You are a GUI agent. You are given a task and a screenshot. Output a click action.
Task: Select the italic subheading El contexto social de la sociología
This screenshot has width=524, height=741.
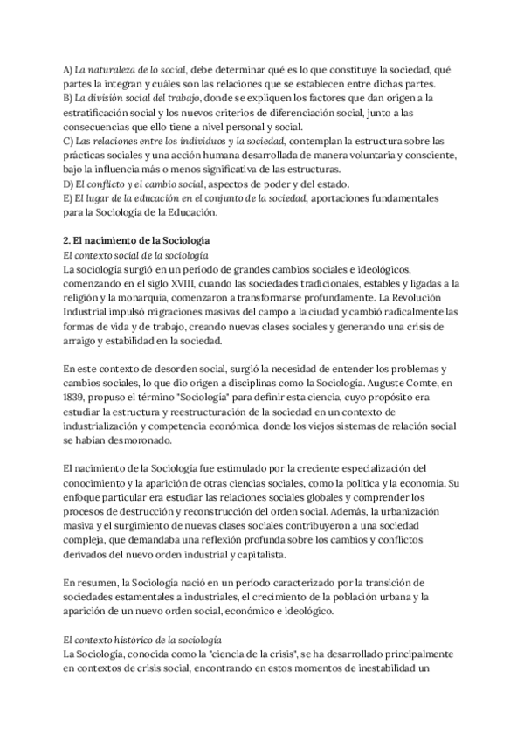coord(136,255)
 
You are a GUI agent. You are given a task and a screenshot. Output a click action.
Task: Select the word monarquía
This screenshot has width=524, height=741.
coord(161,298)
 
